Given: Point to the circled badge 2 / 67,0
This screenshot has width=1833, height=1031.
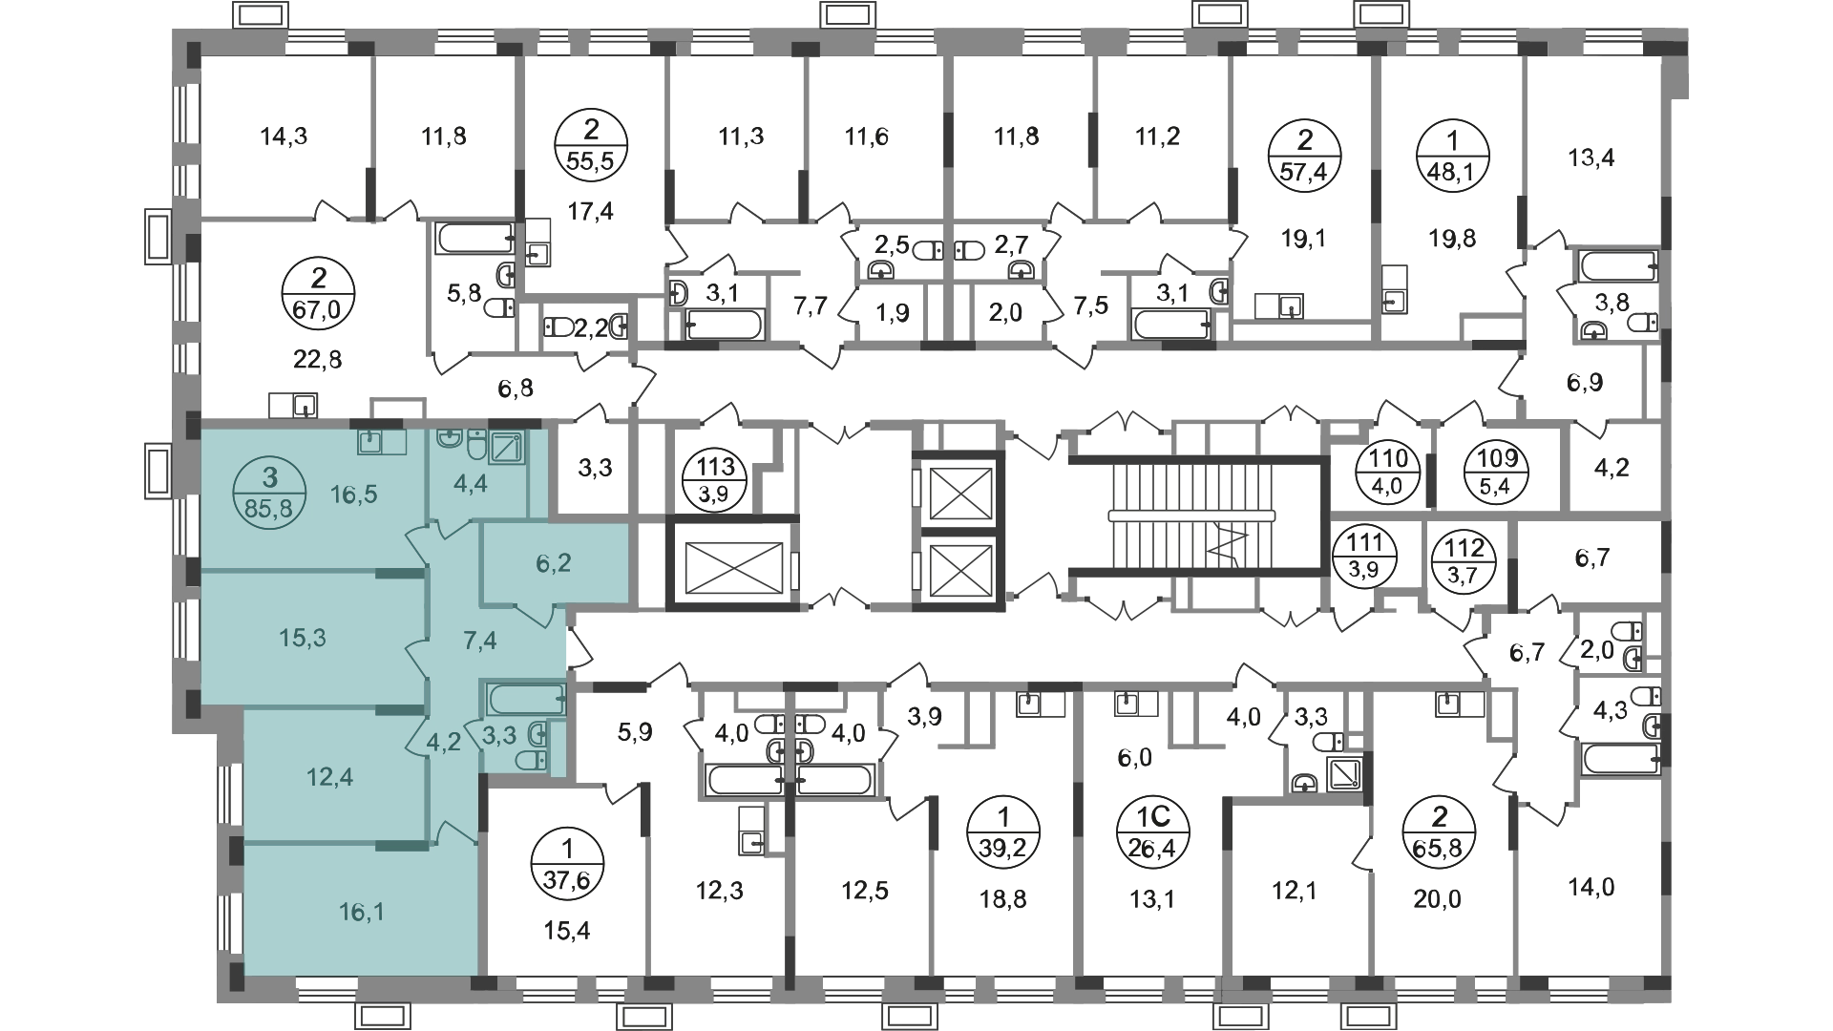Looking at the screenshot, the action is click(x=318, y=295).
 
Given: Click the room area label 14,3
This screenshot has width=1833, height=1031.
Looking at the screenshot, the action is click(x=284, y=137).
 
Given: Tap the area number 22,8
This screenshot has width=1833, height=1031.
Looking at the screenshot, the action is click(x=318, y=359).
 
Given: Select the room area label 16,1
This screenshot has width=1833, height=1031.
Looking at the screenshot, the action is click(x=361, y=913).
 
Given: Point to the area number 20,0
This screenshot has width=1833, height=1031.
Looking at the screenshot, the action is click(x=1438, y=898).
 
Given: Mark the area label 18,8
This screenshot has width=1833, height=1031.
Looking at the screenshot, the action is click(x=1003, y=898).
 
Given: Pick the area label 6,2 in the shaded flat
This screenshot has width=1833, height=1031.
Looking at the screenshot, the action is click(x=553, y=563).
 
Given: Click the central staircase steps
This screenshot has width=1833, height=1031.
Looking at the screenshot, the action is click(x=1191, y=515).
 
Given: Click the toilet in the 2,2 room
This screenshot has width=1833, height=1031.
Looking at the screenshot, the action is click(x=556, y=327).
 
